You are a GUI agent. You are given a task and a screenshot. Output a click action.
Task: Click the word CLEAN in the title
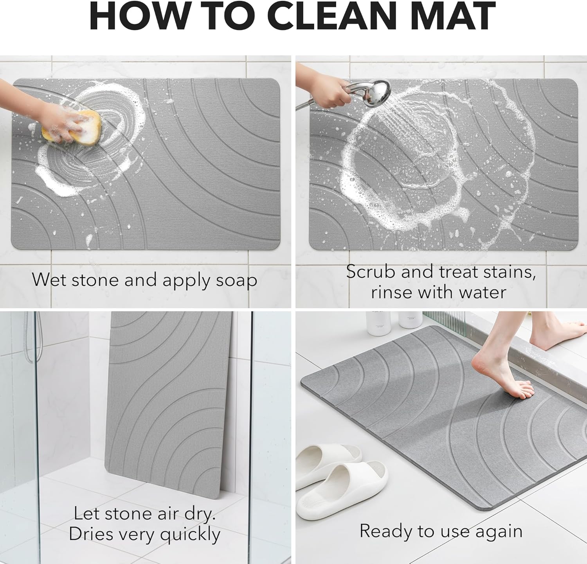point(331,16)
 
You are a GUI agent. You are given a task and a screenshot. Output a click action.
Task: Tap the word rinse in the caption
point(391,292)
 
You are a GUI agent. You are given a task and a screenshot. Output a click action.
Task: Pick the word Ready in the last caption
point(386,531)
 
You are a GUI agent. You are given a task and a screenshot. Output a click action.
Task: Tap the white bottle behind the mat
point(378,323)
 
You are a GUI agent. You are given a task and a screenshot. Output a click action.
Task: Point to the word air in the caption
point(168,514)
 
